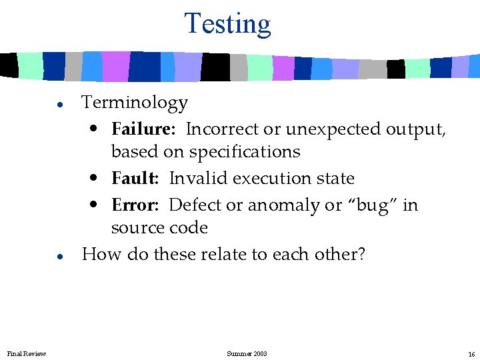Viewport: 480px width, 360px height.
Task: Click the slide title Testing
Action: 227,23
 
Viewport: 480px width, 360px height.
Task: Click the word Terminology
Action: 135,103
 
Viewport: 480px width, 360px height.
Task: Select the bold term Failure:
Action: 143,129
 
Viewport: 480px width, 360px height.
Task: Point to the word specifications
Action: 245,152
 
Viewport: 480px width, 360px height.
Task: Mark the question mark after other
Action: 361,254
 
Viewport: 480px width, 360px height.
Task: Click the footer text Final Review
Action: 27,353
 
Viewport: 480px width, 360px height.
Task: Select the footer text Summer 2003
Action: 247,353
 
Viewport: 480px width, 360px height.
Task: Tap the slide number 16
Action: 471,354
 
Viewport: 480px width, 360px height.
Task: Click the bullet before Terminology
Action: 59,105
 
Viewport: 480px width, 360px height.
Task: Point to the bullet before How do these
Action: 59,256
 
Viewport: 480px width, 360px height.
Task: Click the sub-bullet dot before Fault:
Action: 97,179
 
